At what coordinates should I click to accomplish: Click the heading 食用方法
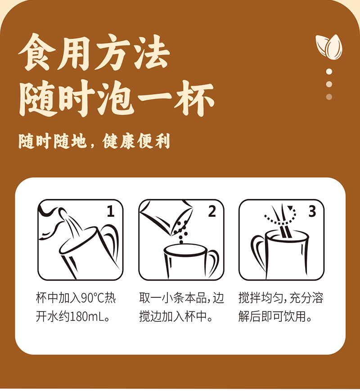(94, 53)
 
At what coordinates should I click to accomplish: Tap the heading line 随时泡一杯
(117, 98)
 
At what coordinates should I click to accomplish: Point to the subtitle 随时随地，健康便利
(94, 141)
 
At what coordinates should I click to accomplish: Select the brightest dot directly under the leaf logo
(329, 72)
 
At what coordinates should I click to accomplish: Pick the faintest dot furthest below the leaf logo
(329, 97)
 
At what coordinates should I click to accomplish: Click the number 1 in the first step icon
(111, 211)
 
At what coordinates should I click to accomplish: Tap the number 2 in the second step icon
(212, 211)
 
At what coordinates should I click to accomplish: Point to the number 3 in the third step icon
(312, 211)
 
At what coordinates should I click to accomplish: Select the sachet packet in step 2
(166, 216)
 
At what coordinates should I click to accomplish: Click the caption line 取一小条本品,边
(182, 298)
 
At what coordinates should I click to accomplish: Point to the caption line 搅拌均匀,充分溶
(281, 298)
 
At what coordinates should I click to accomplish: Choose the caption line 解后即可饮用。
(275, 317)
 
